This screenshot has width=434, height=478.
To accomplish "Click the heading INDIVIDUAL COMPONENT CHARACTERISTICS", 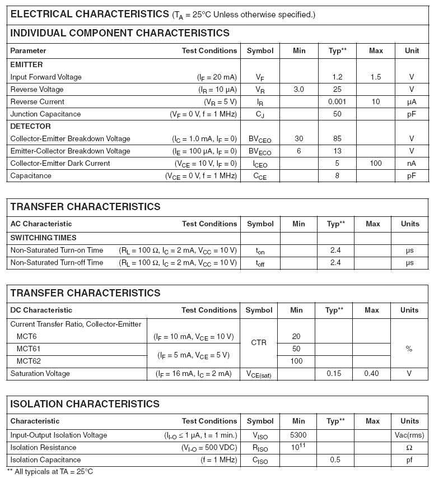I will (x=120, y=33).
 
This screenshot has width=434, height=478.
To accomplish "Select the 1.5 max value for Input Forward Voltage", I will (x=376, y=77).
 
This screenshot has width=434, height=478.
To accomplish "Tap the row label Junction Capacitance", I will (x=45, y=114).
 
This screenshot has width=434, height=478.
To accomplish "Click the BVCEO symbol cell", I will (x=260, y=139).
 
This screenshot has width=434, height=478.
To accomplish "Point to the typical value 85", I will (x=337, y=139).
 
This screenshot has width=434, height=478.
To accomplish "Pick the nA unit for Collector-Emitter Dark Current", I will (x=412, y=164).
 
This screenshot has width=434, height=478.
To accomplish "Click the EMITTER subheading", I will (x=26, y=65).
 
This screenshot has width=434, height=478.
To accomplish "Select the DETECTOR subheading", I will (x=30, y=127).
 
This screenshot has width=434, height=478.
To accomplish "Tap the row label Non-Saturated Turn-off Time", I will (x=57, y=263).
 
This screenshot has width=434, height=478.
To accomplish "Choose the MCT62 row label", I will (x=29, y=361).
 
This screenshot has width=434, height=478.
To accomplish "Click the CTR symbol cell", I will (x=259, y=342).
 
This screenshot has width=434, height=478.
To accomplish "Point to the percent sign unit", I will (x=409, y=349).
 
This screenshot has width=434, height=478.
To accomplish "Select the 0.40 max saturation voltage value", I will (x=372, y=374).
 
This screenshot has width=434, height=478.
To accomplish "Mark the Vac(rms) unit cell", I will (x=409, y=435).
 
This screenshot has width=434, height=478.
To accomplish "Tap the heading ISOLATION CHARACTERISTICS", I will (x=85, y=404).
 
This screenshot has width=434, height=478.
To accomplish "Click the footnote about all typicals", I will (x=50, y=472).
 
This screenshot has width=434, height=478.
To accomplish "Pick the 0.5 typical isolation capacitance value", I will (x=335, y=460).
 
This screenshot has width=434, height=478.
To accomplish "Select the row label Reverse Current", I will (x=37, y=102).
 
